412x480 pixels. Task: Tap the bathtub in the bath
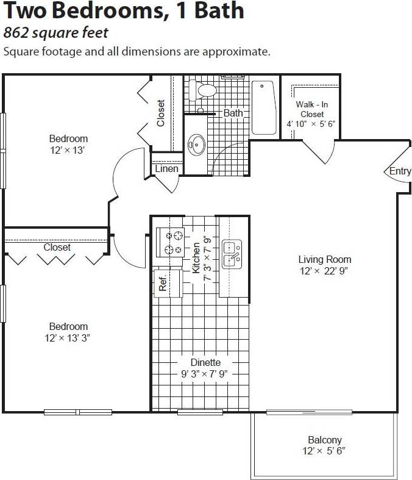click(x=264, y=107)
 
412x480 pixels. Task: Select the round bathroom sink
click(x=196, y=145)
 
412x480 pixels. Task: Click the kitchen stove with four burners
click(x=171, y=242)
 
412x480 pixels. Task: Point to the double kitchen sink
click(x=232, y=254)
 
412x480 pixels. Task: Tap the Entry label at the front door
click(x=400, y=171)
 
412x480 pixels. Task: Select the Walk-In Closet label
click(x=311, y=109)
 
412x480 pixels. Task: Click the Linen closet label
click(x=166, y=169)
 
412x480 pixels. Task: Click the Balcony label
click(x=324, y=440)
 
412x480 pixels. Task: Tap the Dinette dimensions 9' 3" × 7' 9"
click(x=205, y=374)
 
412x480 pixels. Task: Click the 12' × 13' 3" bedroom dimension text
click(x=68, y=337)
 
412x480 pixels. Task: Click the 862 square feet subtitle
click(x=55, y=32)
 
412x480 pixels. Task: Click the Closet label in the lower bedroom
click(x=57, y=248)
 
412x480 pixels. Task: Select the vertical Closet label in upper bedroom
click(x=161, y=113)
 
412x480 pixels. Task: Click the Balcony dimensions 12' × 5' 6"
click(x=324, y=451)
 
